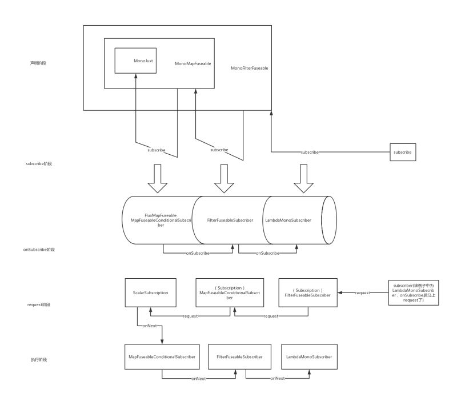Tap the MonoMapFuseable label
[193, 64]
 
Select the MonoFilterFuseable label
[250, 68]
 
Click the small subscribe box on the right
[403, 153]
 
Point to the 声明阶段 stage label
[38, 63]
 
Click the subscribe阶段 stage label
[38, 163]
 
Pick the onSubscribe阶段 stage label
[40, 250]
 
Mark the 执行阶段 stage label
[38, 360]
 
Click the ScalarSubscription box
[150, 292]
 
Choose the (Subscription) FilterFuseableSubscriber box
[308, 292]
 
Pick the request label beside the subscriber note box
[362, 292]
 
